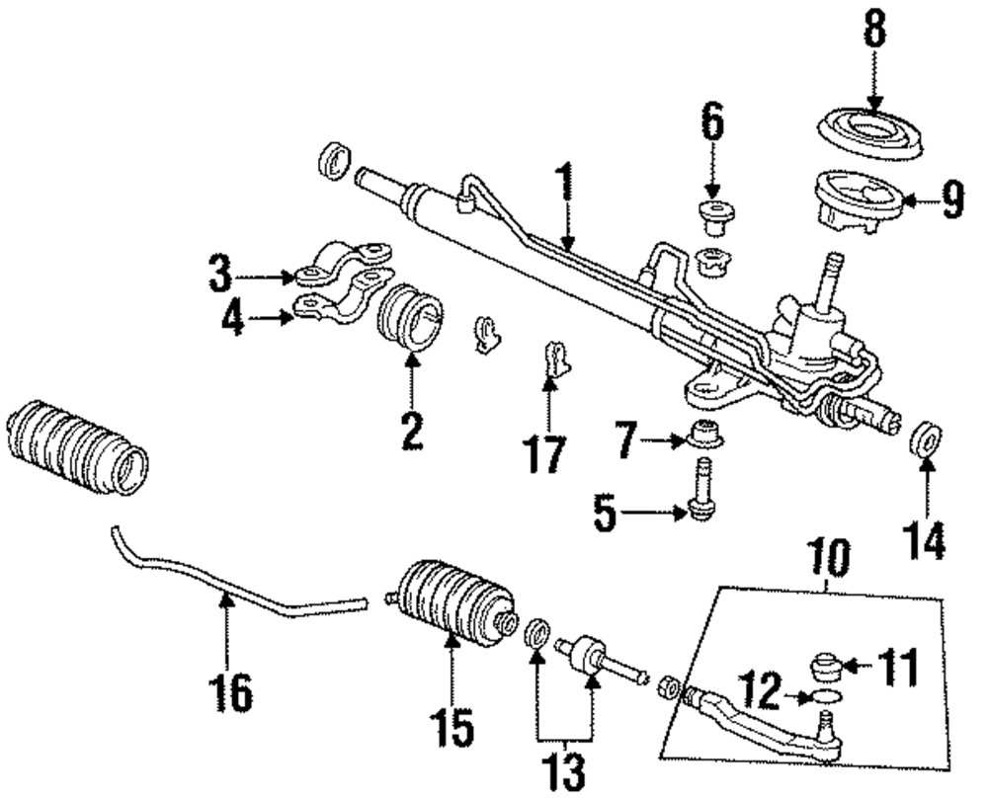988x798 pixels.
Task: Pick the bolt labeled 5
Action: point(702,494)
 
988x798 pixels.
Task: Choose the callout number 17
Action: point(544,454)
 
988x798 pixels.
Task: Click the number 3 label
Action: point(220,276)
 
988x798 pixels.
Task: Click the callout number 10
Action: point(827,562)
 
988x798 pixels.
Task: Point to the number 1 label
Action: point(563,183)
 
